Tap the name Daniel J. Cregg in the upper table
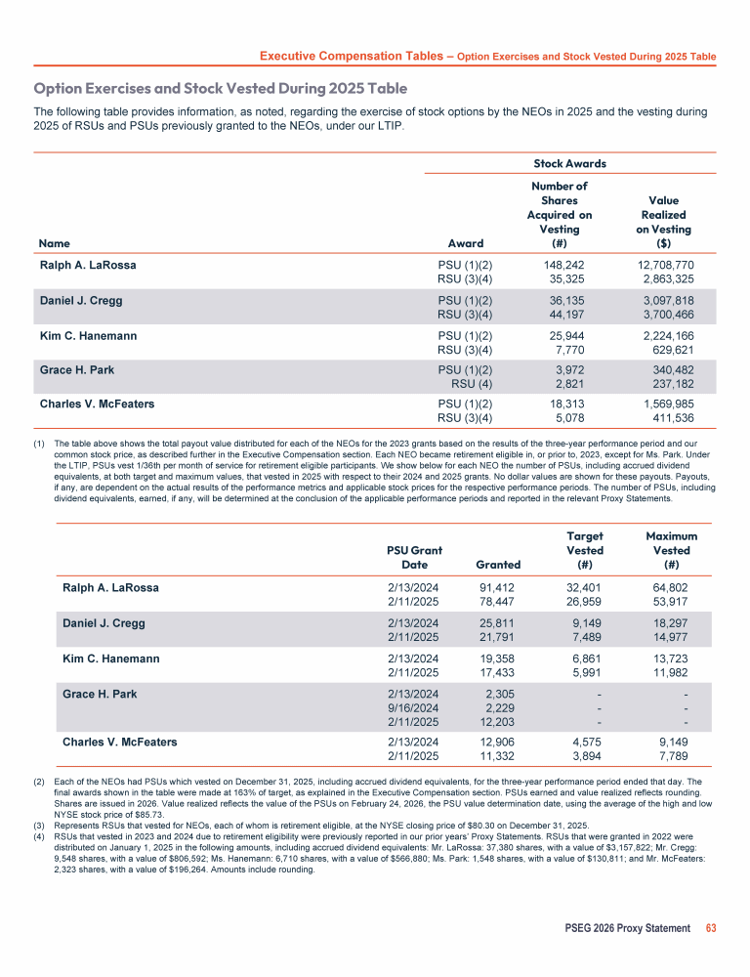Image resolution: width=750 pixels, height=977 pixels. click(x=81, y=301)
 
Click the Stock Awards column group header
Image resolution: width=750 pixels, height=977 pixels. click(x=570, y=163)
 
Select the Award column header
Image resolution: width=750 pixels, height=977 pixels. click(x=465, y=242)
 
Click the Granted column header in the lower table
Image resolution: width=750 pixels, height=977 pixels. click(x=497, y=564)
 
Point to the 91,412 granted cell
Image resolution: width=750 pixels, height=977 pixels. click(x=497, y=588)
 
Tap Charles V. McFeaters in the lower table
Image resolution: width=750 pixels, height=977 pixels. click(x=120, y=743)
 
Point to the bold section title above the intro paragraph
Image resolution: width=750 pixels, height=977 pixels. click(x=221, y=89)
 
